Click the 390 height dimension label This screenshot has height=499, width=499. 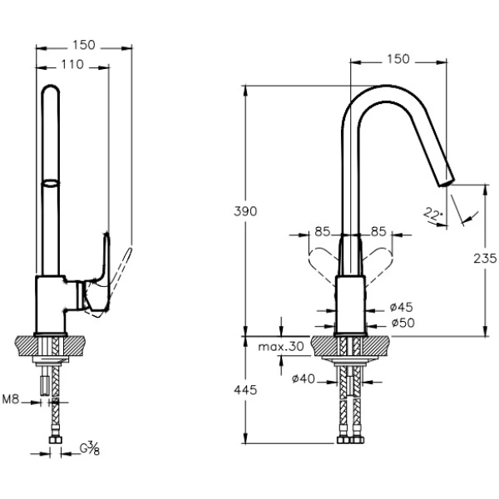(x=245, y=211)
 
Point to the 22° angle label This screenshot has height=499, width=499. (x=432, y=214)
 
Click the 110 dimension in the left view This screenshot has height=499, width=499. (x=72, y=65)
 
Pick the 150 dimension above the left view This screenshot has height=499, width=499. (x=84, y=44)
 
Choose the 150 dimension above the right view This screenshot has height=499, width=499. (x=398, y=58)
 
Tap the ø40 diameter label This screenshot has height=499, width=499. (x=304, y=380)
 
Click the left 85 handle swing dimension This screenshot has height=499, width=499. (x=324, y=231)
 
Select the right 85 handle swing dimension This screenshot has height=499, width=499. (x=378, y=231)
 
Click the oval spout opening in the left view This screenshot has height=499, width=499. (x=51, y=181)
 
